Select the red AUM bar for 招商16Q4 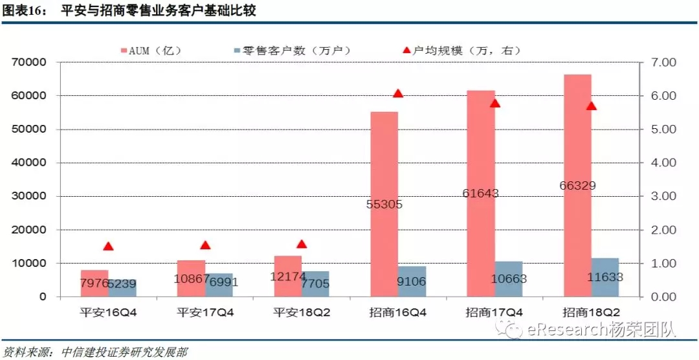point(384,162)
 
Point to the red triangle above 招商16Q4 point(398,93)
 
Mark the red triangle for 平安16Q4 point(108,246)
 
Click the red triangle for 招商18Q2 point(591,106)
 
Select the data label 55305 point(384,205)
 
